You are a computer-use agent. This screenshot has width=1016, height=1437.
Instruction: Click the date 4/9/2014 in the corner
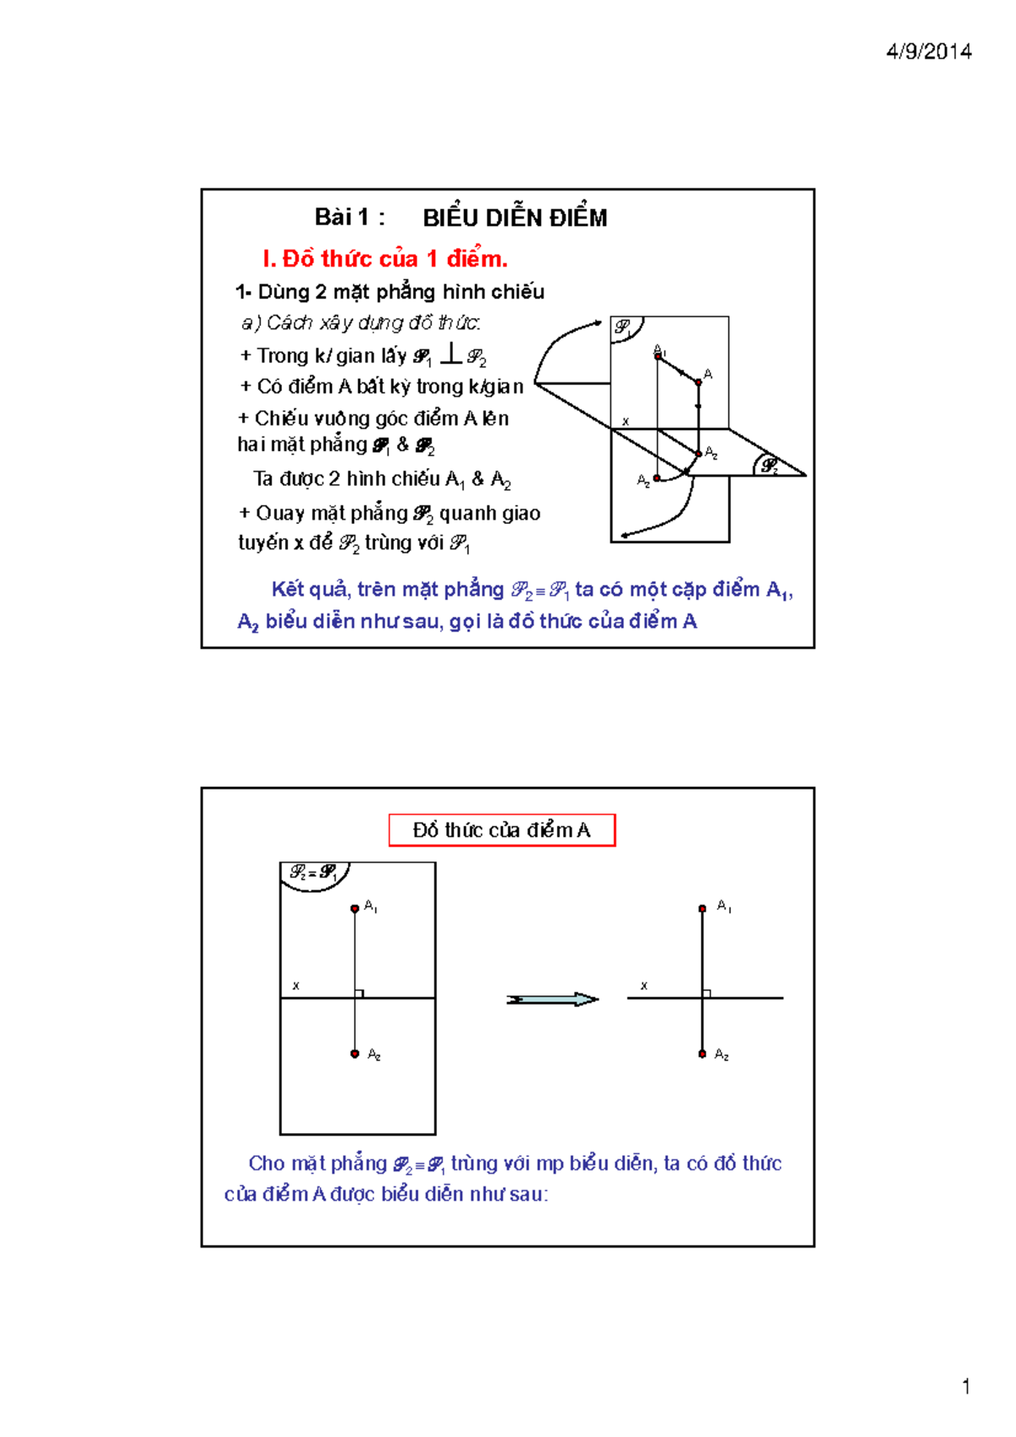(x=928, y=52)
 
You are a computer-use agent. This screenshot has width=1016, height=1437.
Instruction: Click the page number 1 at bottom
(x=965, y=1386)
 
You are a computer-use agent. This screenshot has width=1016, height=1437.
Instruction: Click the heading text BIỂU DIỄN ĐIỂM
(x=515, y=218)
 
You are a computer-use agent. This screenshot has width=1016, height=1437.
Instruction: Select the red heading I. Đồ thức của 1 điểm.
(x=384, y=258)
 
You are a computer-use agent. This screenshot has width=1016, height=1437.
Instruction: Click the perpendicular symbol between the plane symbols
(x=451, y=354)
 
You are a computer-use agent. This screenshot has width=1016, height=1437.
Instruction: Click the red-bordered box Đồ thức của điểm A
(x=501, y=830)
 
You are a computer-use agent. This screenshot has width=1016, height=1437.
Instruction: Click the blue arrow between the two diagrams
(x=552, y=999)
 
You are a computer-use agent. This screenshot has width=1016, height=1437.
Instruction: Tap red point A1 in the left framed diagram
(x=355, y=909)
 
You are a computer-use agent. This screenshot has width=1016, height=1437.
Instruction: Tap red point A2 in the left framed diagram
(x=355, y=1054)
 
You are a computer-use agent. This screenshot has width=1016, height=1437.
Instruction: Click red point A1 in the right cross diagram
(x=702, y=909)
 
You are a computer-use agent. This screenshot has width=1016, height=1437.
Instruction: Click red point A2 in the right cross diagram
(x=702, y=1054)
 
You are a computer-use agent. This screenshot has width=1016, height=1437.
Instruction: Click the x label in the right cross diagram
(x=644, y=986)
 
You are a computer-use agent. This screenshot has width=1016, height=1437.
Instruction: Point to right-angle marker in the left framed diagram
(x=359, y=994)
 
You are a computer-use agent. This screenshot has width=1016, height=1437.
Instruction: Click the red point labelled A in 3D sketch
(x=698, y=383)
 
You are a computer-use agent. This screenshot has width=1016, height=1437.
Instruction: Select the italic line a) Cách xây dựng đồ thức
(x=361, y=322)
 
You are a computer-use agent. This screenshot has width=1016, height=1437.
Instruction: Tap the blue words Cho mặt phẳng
(x=317, y=1164)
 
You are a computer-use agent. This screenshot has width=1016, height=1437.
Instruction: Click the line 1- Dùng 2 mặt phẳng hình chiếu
(x=389, y=292)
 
